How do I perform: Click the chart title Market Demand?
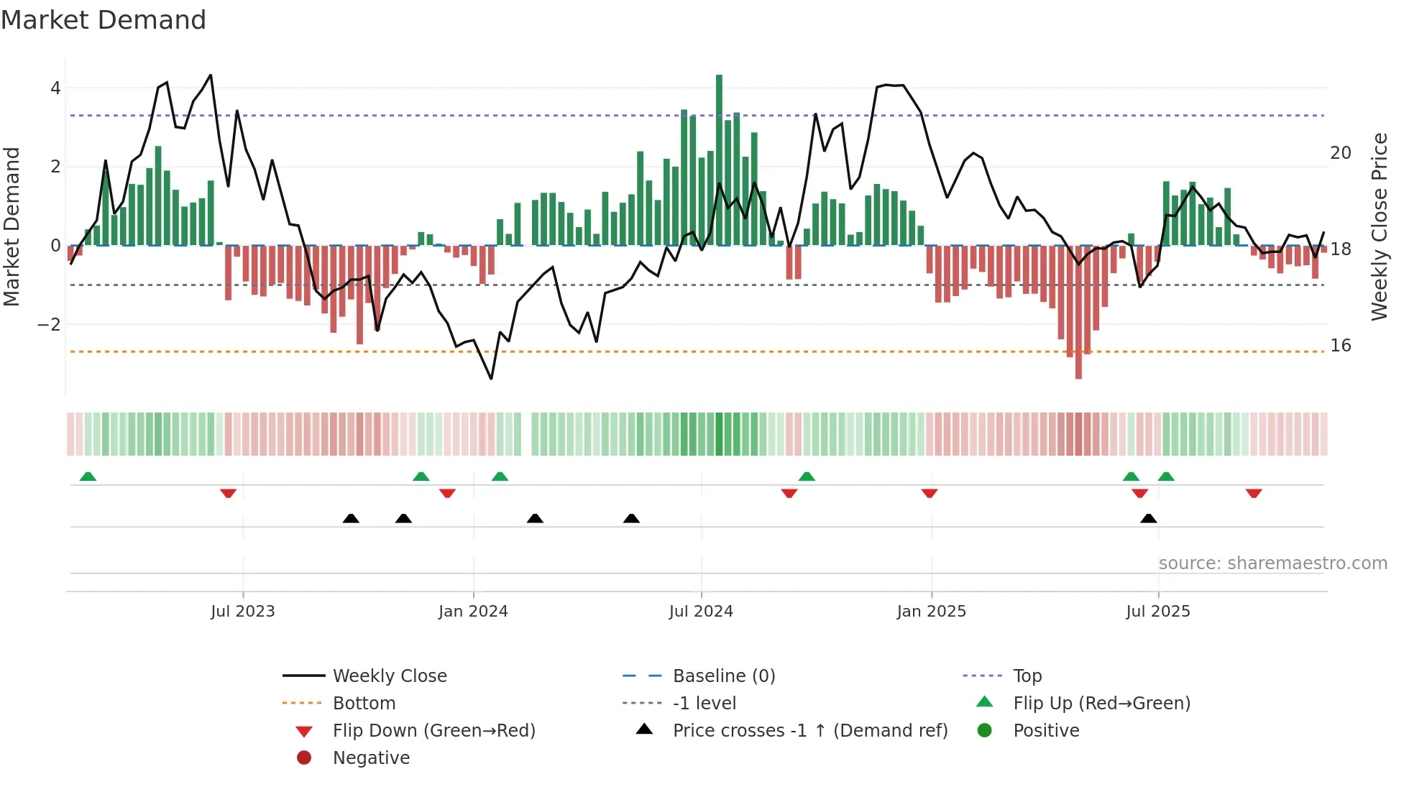(104, 20)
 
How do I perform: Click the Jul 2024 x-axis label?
(701, 612)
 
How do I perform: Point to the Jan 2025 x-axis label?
(931, 612)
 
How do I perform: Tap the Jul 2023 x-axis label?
(243, 612)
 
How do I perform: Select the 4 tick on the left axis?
(55, 88)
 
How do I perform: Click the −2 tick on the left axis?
(49, 324)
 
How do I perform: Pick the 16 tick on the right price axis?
(1340, 346)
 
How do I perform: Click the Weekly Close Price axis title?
(1379, 226)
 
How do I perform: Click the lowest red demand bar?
(1078, 313)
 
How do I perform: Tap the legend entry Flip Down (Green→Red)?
(433, 731)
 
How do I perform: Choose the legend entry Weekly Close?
(390, 676)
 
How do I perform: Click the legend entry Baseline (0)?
(724, 676)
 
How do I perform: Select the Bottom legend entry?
(364, 704)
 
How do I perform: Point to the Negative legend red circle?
(304, 758)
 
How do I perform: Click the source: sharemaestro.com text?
(1272, 563)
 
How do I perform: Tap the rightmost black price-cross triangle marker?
(1149, 519)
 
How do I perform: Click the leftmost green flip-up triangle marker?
(88, 476)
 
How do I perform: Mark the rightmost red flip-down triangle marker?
(1254, 494)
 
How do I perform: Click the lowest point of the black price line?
(492, 378)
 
